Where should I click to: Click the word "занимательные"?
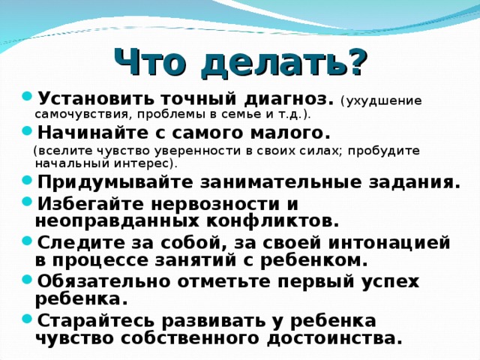(x=249, y=182)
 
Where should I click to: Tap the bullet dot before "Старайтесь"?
(x=28, y=320)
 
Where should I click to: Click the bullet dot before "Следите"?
(x=28, y=242)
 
